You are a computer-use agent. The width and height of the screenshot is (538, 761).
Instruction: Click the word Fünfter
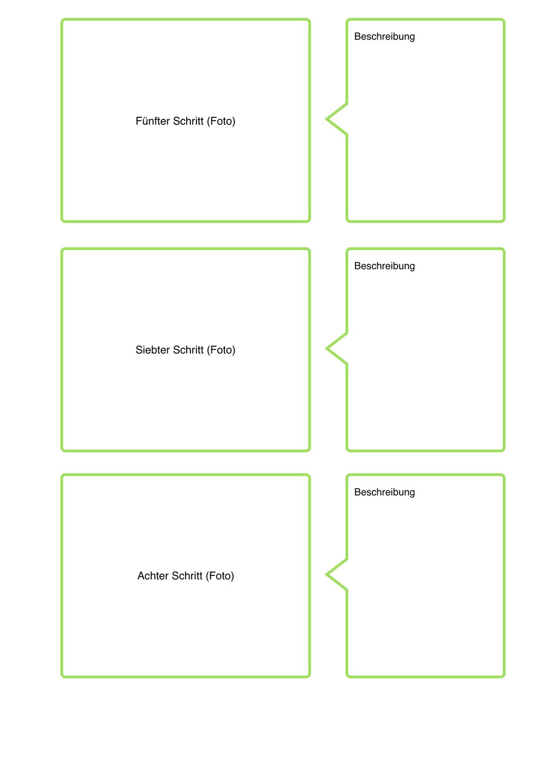(152, 121)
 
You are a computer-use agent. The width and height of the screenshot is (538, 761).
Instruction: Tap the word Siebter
(152, 350)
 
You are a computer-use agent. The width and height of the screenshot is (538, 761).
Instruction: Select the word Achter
(153, 575)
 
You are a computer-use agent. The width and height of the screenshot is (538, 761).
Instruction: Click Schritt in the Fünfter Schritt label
(188, 121)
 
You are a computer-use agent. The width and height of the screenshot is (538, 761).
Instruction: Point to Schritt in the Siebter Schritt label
(188, 350)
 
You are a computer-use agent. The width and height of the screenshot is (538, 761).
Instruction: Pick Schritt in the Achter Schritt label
(187, 575)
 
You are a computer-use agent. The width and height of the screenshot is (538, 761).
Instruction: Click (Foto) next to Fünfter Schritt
(221, 121)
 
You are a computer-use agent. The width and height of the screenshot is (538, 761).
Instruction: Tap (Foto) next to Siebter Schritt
(221, 350)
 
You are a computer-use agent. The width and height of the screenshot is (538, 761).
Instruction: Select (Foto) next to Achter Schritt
(220, 576)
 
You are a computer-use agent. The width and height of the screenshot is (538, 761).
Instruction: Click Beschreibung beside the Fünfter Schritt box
(385, 37)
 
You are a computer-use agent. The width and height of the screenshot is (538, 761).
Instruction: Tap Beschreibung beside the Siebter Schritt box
(385, 266)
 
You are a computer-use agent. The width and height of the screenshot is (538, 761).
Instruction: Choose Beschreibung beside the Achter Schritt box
(385, 492)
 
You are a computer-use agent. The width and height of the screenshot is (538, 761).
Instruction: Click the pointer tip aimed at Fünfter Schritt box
(326, 119)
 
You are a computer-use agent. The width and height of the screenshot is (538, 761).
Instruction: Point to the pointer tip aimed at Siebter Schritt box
(326, 349)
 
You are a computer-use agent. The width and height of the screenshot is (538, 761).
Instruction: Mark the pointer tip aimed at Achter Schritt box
(326, 574)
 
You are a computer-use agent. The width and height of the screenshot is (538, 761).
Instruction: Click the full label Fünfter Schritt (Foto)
(186, 121)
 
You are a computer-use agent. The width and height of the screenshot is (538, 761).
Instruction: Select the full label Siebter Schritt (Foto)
(186, 350)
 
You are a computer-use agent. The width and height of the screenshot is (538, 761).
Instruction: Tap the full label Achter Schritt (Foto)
(186, 576)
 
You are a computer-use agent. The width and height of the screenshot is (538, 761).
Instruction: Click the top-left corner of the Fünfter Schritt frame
(62, 20)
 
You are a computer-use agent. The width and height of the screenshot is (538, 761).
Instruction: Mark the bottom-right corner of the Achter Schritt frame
(309, 677)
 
